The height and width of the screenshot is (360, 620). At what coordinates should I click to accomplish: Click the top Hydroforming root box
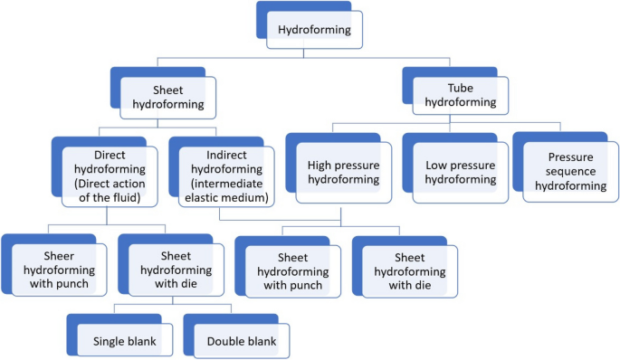pyautogui.click(x=314, y=29)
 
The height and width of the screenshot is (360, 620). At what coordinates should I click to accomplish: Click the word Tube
pyautogui.click(x=462, y=87)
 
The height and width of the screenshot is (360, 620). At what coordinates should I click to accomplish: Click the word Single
pyautogui.click(x=110, y=341)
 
